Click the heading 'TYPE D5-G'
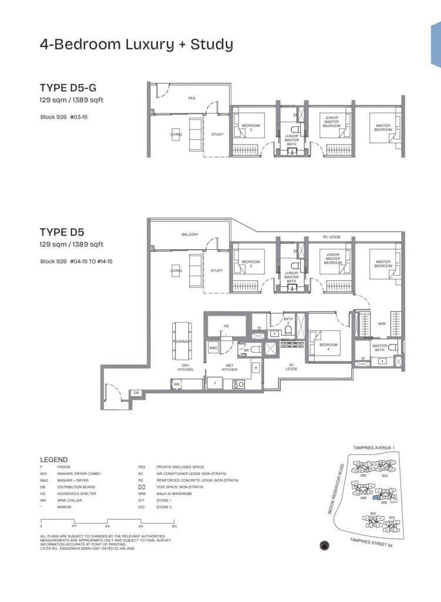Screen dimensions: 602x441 pos(68,89)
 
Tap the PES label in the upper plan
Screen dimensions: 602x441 pos(191,98)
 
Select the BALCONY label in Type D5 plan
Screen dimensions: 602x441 pos(190,235)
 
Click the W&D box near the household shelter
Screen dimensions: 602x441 pos(213,348)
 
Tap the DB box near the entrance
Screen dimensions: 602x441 pos(136,392)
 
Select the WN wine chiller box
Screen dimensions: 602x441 pos(176,384)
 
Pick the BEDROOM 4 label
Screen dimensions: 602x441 pos(329,346)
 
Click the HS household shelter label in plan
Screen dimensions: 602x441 pos(226,326)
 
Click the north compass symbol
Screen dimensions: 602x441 pos(325,546)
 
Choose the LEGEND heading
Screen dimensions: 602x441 pos(53,459)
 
